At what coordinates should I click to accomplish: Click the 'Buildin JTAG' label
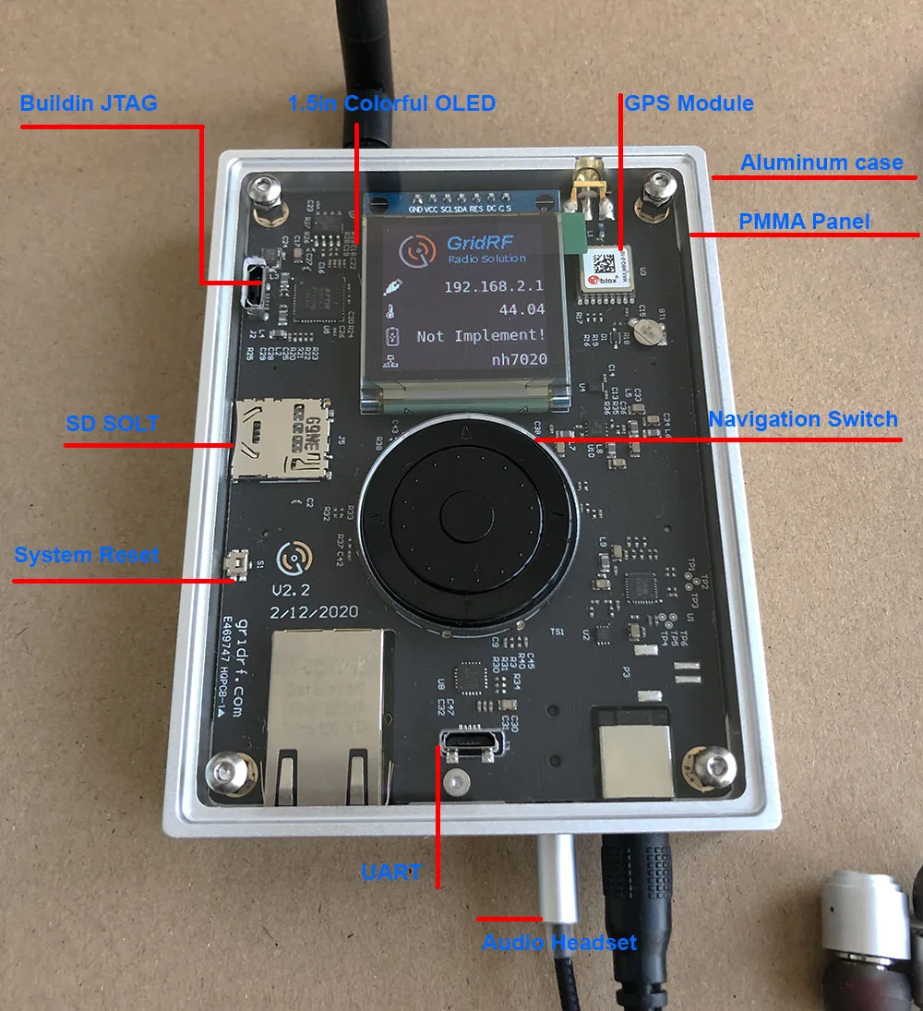pyautogui.click(x=89, y=102)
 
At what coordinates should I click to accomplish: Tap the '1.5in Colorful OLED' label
pyautogui.click(x=392, y=102)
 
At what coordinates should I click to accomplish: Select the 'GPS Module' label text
pyautogui.click(x=689, y=102)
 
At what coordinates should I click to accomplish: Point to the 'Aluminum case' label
pyautogui.click(x=821, y=162)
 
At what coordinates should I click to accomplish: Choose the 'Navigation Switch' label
pyautogui.click(x=803, y=419)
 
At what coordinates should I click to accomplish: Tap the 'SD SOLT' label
pyautogui.click(x=113, y=424)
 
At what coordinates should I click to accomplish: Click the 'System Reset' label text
pyautogui.click(x=87, y=555)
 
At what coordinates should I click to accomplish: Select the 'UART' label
pyautogui.click(x=392, y=872)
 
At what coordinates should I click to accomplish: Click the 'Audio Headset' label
pyautogui.click(x=560, y=943)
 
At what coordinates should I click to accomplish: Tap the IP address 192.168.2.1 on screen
pyautogui.click(x=494, y=287)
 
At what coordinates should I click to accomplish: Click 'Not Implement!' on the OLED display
pyautogui.click(x=481, y=335)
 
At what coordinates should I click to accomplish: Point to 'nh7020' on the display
pyautogui.click(x=519, y=359)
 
